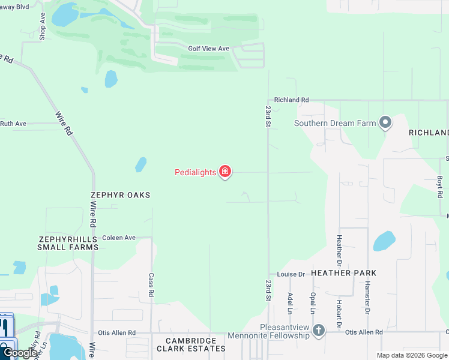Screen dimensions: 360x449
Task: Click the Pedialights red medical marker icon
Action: (225, 172)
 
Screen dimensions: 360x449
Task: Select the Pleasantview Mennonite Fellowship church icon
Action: (319, 330)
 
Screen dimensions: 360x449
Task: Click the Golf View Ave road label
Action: (209, 49)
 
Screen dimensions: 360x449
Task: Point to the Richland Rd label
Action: (291, 100)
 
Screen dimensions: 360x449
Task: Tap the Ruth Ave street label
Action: (13, 124)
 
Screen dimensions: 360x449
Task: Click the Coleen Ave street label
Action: (119, 238)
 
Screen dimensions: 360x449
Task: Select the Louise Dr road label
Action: (292, 274)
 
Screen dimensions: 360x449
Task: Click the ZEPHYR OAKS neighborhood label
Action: (120, 195)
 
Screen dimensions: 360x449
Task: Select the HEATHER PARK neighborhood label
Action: (344, 273)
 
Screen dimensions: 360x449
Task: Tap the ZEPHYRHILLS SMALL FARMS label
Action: (68, 242)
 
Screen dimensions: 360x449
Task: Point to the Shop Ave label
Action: (43, 26)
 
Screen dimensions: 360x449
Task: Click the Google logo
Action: (20, 353)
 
